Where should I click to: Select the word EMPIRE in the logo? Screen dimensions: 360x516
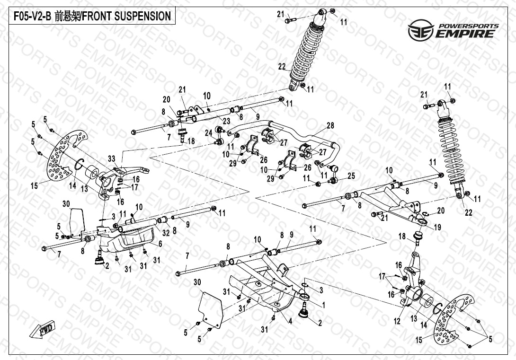466,34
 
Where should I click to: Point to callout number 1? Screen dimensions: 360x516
323,306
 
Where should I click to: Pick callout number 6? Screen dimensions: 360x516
160,244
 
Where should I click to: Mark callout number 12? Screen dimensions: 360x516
397,321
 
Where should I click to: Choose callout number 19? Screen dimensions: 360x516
437,227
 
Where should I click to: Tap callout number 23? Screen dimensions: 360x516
226,121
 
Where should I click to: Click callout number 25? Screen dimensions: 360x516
351,176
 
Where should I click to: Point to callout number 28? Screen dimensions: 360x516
330,126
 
